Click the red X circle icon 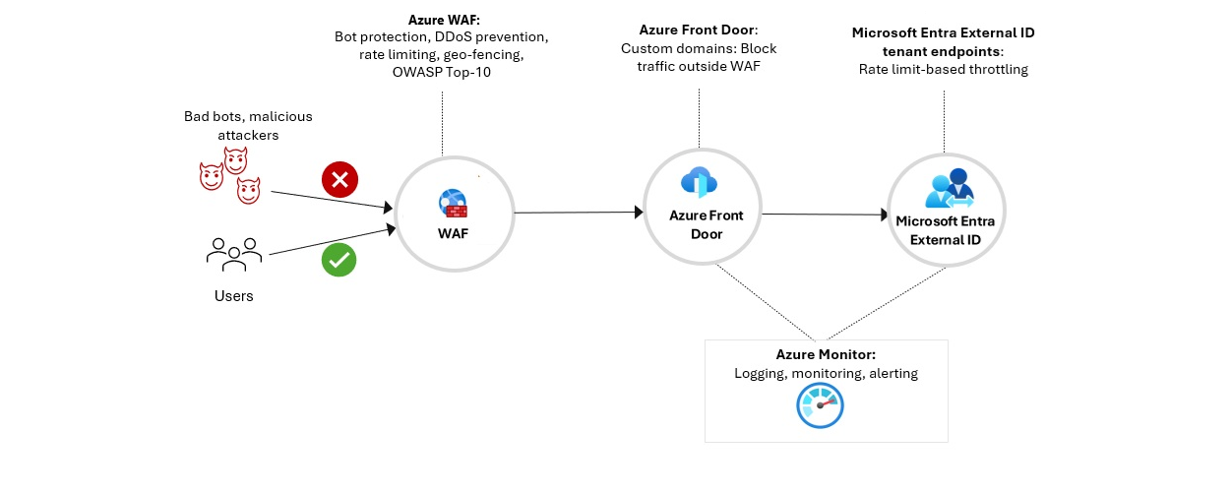(340, 180)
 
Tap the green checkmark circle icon (339, 260)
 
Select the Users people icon (234, 255)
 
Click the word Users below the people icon (234, 296)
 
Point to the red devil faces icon (230, 175)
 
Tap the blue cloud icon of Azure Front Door (698, 182)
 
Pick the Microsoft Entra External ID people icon (947, 189)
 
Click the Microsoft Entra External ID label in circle (945, 230)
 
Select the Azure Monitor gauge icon (820, 405)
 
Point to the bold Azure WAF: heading (443, 19)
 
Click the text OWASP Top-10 (443, 72)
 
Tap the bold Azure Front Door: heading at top (699, 31)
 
